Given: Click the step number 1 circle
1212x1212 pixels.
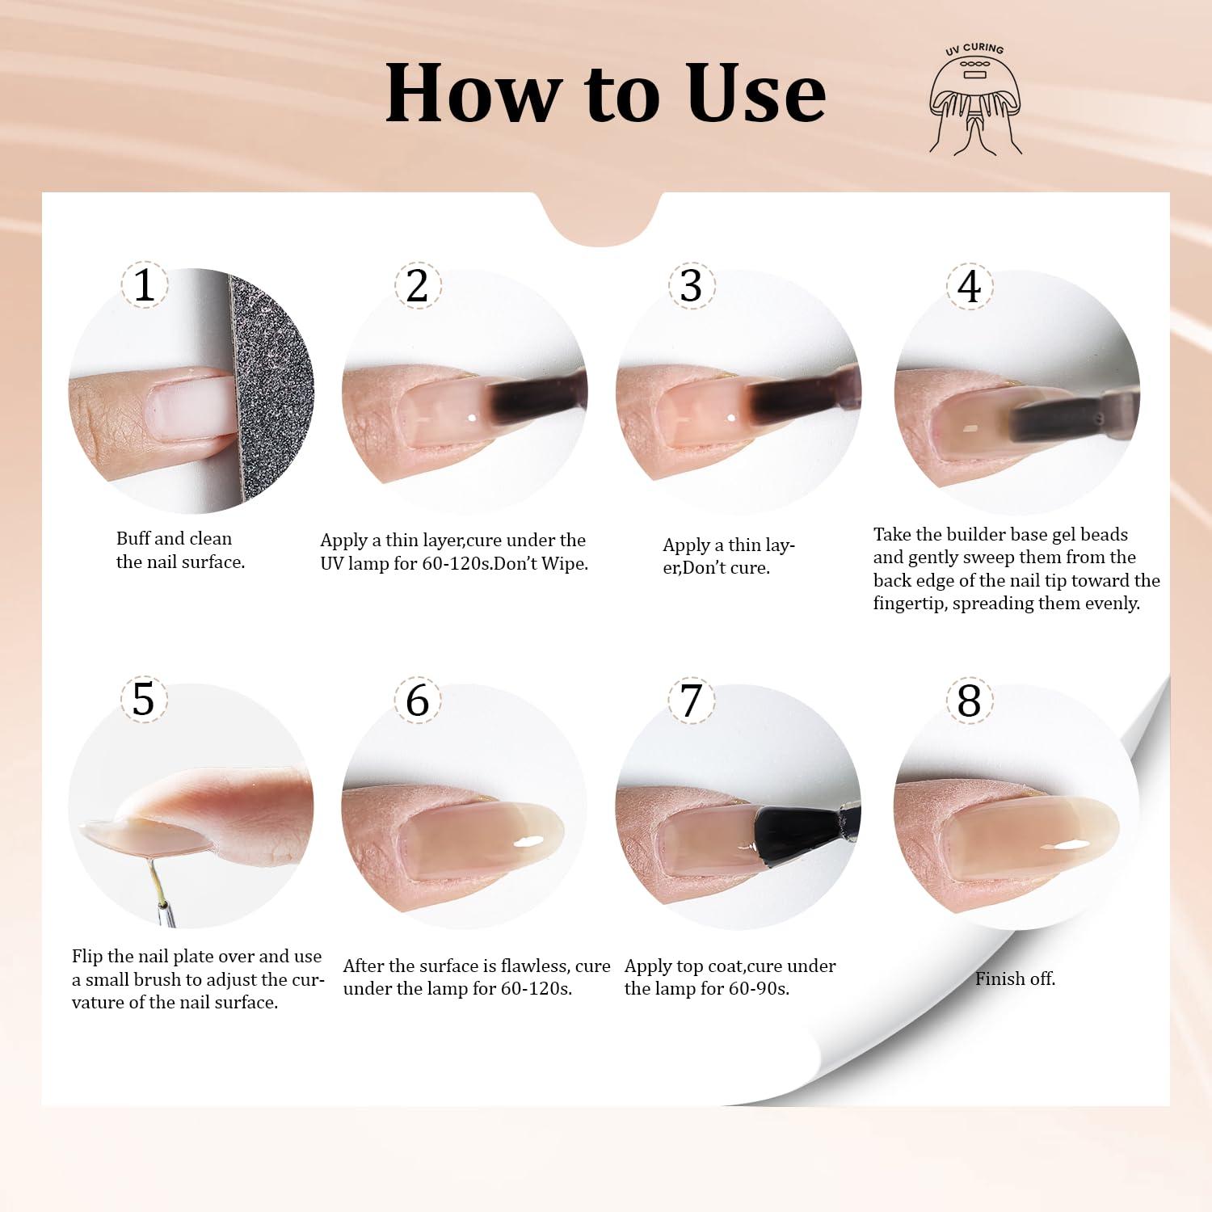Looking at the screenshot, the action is [x=144, y=284].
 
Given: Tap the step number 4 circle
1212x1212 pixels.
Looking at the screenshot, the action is [x=969, y=286].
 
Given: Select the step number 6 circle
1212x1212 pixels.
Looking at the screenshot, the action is [x=417, y=700].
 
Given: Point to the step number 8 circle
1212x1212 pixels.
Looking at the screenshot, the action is [x=969, y=701].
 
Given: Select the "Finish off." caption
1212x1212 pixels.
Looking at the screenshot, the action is [x=1015, y=978].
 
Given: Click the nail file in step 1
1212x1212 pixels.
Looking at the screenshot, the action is [x=271, y=388].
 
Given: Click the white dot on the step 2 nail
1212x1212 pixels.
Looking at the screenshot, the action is [x=472, y=418].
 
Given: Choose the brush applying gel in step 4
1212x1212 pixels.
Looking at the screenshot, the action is [x=1067, y=412].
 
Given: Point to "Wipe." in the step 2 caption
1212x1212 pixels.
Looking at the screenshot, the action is [x=565, y=563].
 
